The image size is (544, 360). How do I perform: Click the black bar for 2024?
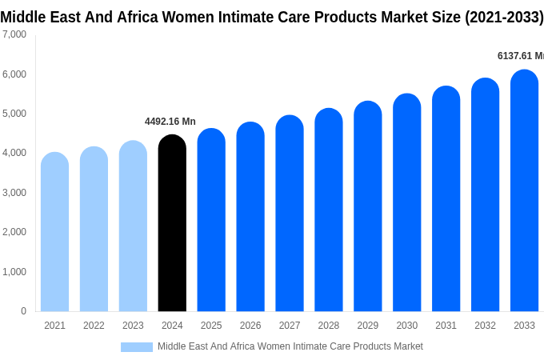click(172, 224)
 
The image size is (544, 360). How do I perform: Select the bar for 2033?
click(524, 192)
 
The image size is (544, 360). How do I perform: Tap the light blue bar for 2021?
click(54, 232)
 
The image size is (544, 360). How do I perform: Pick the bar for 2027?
click(290, 214)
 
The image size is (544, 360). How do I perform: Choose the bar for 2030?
click(406, 204)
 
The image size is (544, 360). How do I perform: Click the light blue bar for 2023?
click(133, 226)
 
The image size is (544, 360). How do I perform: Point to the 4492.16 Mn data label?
click(170, 122)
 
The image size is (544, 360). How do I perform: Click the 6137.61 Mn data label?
click(520, 56)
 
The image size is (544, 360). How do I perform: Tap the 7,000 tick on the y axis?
click(14, 34)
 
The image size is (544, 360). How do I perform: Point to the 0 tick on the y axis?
click(23, 311)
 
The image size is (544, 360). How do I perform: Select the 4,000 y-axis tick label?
click(14, 153)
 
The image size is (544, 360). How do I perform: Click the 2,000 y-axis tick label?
click(14, 232)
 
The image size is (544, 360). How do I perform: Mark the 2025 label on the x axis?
click(211, 326)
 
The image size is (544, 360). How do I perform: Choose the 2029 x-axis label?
click(367, 326)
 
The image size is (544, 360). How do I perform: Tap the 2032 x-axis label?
click(485, 326)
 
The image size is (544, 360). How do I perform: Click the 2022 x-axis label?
click(94, 326)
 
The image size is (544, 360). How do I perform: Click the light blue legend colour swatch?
click(137, 347)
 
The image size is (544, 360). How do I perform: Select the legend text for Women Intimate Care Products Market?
click(290, 346)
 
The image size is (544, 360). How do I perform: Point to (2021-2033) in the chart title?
click(503, 16)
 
